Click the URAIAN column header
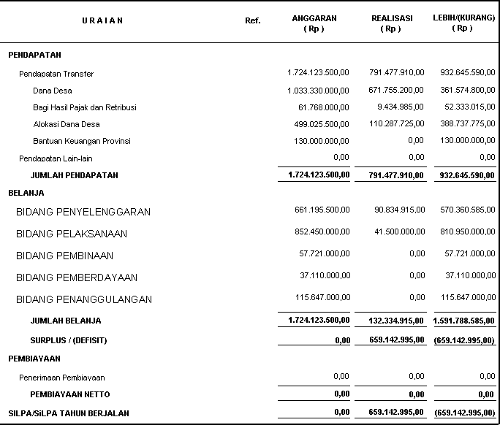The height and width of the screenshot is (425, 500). tap(102, 20)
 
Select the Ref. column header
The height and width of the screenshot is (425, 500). tap(252, 20)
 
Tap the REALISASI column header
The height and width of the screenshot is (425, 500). tap(391, 23)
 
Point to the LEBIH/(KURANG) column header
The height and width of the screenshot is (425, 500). tap(463, 23)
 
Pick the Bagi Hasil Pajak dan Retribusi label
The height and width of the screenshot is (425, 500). tap(85, 107)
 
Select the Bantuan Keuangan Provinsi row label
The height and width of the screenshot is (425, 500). tap(82, 141)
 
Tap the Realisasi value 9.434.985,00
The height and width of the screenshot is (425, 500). tap(398, 107)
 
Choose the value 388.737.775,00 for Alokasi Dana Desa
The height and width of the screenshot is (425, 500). tap(465, 124)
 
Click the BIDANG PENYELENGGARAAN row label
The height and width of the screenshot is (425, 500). tap(83, 212)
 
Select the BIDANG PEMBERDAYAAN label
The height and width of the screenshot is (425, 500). tap(77, 277)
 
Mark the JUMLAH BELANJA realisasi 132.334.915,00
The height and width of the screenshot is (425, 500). tap(393, 320)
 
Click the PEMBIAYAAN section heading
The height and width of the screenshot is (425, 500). tap(34, 359)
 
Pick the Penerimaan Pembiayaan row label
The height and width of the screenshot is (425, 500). tap(62, 378)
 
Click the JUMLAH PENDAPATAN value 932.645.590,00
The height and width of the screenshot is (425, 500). tap(463, 175)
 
